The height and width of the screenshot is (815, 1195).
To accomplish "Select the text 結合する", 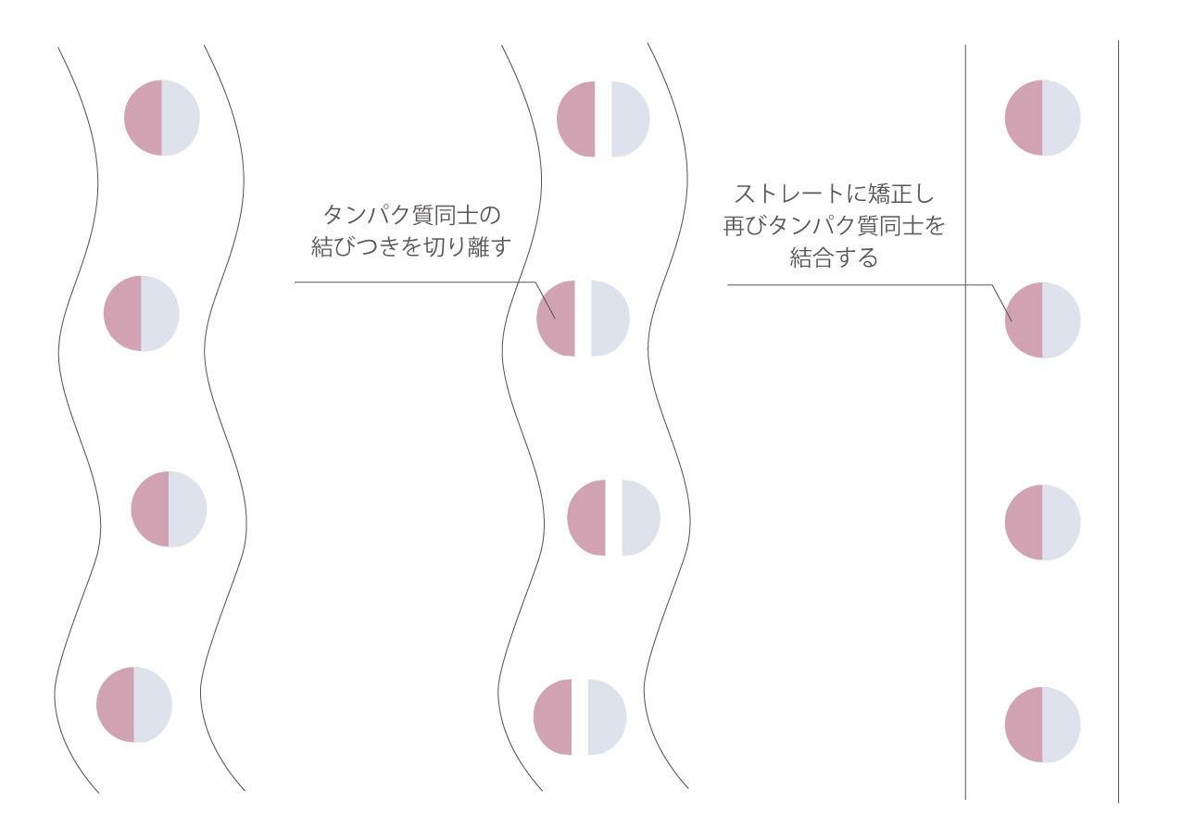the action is pyautogui.click(x=834, y=257).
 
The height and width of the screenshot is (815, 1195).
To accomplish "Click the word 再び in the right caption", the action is pyautogui.click(x=746, y=226).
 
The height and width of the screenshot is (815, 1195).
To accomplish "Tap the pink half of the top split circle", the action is pyautogui.click(x=576, y=119).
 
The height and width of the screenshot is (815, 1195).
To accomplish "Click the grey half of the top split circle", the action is pyautogui.click(x=631, y=119).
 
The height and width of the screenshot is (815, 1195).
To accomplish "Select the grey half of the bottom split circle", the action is pyautogui.click(x=608, y=717).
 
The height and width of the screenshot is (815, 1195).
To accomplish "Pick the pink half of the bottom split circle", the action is pyautogui.click(x=553, y=717).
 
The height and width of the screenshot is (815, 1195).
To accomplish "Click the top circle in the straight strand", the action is pyautogui.click(x=1042, y=118).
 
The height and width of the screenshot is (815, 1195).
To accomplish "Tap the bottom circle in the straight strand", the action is pyautogui.click(x=1042, y=725).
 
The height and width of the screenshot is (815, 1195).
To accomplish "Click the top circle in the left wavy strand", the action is pyautogui.click(x=161, y=118).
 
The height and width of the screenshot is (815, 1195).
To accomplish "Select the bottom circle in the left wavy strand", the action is pyautogui.click(x=134, y=705).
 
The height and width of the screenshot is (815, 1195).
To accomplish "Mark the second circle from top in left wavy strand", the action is pyautogui.click(x=142, y=314).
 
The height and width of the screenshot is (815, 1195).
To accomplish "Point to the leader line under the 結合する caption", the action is pyautogui.click(x=860, y=285).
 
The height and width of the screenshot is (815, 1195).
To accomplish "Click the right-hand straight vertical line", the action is pyautogui.click(x=1118, y=421).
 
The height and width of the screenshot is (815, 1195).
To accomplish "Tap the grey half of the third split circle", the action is pyautogui.click(x=641, y=518).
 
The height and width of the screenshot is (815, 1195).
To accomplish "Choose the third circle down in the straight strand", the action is pyautogui.click(x=1042, y=522).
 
